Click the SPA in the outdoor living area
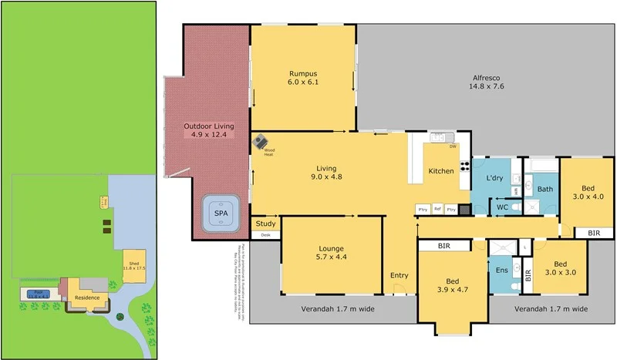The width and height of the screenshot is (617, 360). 221,212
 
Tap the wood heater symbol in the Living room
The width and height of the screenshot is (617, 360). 262,142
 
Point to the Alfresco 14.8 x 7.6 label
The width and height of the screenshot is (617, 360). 487,82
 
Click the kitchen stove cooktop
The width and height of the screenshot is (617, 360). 465,168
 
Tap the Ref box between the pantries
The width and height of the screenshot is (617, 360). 437,209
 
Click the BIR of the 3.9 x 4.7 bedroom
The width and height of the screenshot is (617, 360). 443,246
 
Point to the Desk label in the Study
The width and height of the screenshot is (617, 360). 265,234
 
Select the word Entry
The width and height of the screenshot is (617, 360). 399,275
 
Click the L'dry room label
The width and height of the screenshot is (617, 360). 494,178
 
